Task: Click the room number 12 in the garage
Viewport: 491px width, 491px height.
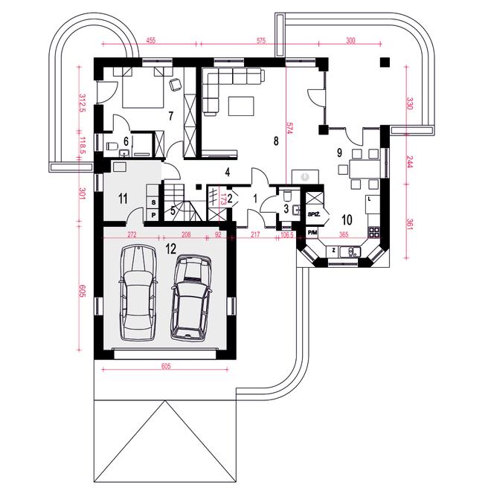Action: (171, 248)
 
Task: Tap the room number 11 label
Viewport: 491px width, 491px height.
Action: (123, 198)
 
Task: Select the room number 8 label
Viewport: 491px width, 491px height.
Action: (276, 141)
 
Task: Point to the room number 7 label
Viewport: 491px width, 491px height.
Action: (170, 116)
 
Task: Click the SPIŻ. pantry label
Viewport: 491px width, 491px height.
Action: (314, 214)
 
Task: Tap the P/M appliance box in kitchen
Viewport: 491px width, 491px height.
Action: (312, 233)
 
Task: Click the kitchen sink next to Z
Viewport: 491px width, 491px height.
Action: (350, 251)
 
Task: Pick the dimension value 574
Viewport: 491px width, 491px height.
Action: (289, 128)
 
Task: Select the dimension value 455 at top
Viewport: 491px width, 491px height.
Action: (150, 40)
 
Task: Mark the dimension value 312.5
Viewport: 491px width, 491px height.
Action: (83, 103)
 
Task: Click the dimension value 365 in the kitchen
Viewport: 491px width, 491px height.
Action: (344, 234)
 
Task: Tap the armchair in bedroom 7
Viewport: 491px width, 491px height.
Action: (175, 85)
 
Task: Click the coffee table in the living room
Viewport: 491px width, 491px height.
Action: (241, 106)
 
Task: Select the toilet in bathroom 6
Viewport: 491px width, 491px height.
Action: (112, 146)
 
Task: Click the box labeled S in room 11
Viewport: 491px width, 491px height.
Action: (153, 202)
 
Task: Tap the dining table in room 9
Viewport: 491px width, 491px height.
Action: (365, 169)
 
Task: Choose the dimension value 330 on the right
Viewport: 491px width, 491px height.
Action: (410, 103)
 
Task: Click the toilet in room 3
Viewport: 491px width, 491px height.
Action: (287, 196)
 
